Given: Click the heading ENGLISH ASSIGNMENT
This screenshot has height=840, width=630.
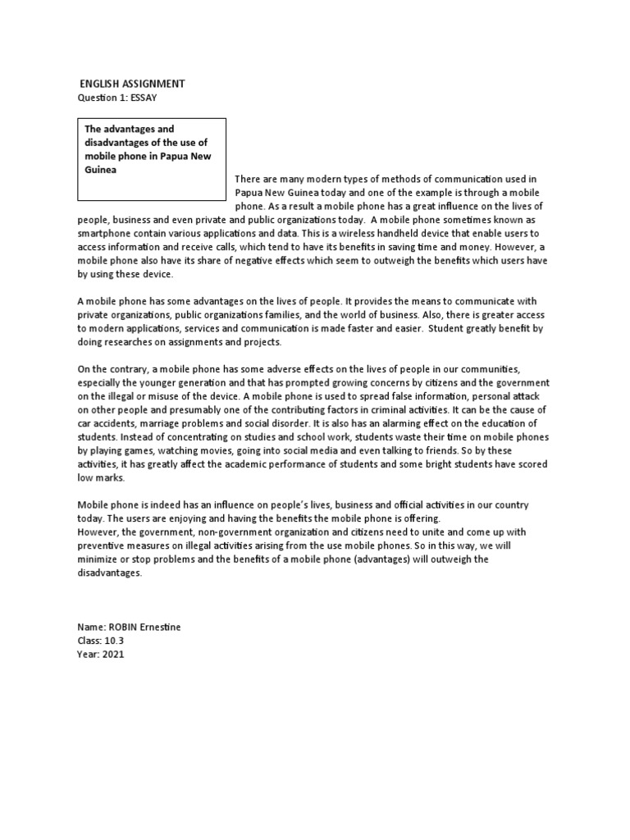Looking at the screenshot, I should tap(132, 84).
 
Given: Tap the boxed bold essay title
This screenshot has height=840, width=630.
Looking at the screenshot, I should tap(151, 149).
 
